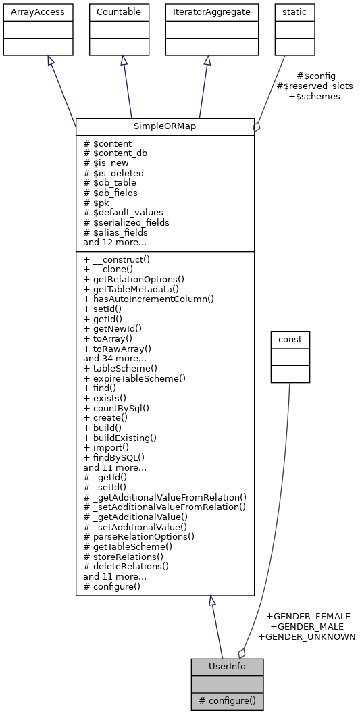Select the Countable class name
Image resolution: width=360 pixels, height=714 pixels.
point(120,12)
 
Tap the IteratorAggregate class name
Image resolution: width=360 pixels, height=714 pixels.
point(211,12)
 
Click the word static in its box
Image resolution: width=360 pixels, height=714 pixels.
point(289,12)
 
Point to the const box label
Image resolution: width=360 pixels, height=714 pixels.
point(290,338)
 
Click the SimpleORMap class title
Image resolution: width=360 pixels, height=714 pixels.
point(165,126)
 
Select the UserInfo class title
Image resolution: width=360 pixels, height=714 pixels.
point(227,667)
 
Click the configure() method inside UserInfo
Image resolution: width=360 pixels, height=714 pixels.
point(227,701)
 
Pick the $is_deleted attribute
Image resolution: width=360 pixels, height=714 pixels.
point(113,173)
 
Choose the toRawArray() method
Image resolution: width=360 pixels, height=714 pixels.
point(117,349)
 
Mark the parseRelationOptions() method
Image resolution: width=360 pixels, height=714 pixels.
point(138,536)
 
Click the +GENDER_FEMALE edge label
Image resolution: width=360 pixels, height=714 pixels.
point(308,616)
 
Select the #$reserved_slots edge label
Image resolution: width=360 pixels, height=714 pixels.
point(315,86)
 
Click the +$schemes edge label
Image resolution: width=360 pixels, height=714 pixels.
point(314,96)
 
